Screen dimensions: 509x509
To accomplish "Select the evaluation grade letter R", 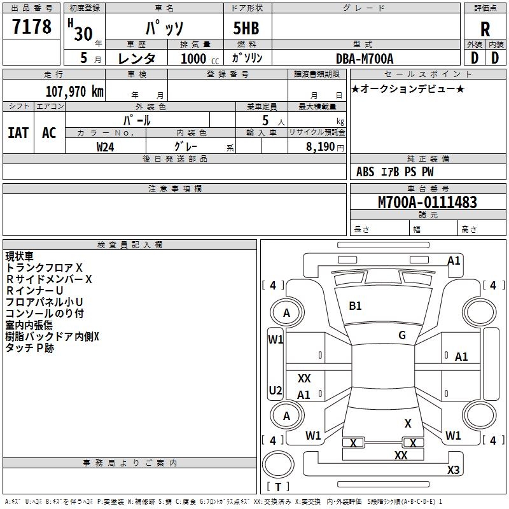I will (485, 29).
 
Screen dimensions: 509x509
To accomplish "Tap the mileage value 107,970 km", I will (74, 91).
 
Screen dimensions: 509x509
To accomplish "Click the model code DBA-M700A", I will (365, 59).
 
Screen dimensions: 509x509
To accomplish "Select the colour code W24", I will (106, 146).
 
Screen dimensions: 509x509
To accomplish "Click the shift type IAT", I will (18, 132).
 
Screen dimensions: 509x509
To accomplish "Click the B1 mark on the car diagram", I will (355, 306).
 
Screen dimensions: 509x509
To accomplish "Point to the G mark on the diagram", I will (401, 335).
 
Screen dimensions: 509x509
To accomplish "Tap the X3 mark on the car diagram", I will (453, 470).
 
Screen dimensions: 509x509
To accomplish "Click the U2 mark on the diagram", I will (275, 390).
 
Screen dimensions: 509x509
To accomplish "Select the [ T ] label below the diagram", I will (278, 487).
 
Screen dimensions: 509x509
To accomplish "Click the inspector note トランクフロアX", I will (44, 268).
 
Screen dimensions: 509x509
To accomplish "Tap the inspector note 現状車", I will (20, 256).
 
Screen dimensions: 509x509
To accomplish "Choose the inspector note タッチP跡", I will (29, 348).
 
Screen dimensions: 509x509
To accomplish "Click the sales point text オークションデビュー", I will (408, 88).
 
